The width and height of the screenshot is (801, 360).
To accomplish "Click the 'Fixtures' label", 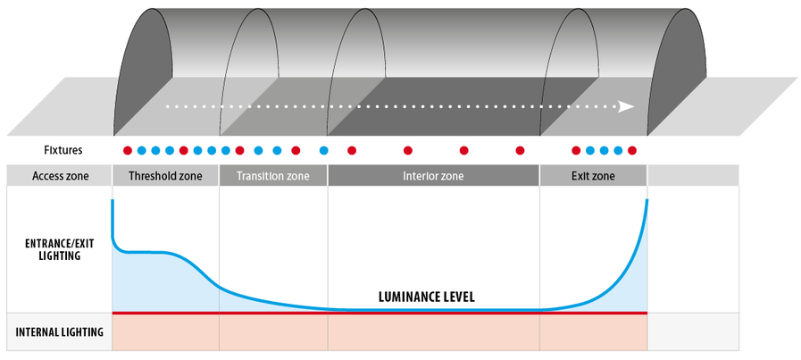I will [x=63, y=150].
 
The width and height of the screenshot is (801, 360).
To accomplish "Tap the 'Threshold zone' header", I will [x=165, y=176].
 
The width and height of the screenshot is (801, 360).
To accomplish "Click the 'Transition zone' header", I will [x=273, y=176].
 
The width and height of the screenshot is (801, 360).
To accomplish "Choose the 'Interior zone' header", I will [x=433, y=176].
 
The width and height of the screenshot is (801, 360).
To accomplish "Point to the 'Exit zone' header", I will [x=593, y=176].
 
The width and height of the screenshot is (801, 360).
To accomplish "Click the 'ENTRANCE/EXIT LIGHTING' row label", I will [x=55, y=248].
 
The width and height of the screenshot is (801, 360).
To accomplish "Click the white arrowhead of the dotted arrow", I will [x=627, y=105].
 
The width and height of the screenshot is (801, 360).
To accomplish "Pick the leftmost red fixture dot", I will [x=127, y=150].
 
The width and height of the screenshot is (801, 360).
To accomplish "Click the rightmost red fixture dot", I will [x=632, y=150].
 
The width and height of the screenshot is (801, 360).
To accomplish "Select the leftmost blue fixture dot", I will [x=141, y=150].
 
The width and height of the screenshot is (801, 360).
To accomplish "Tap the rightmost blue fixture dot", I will [x=618, y=150].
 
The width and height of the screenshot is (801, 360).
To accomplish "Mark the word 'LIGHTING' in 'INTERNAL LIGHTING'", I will [x=81, y=332].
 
